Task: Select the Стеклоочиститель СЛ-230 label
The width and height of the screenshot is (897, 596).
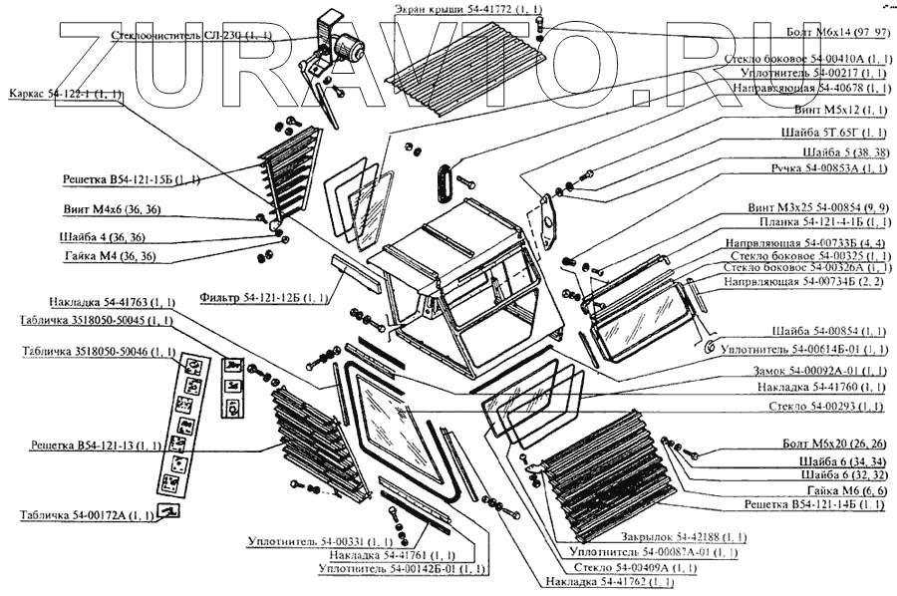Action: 185,35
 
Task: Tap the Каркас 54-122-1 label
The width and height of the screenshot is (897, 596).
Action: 65,94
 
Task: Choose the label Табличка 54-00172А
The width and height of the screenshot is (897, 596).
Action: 87,515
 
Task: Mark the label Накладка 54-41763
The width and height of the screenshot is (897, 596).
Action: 112,302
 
